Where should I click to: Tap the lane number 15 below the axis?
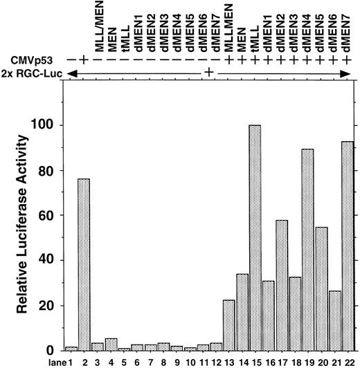click(255, 362)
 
